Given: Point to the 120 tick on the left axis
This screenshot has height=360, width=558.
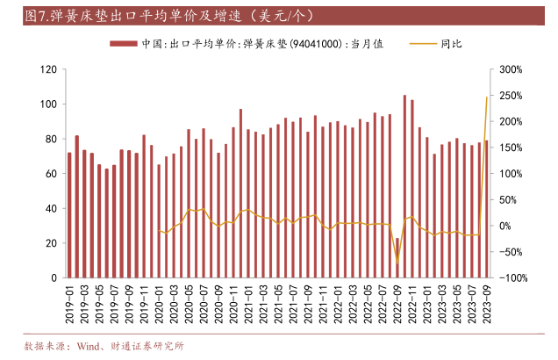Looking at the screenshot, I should [49, 69].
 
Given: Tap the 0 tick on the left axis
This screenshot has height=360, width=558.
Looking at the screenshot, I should [54, 277].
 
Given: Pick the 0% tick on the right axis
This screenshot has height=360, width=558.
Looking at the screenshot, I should [504, 226].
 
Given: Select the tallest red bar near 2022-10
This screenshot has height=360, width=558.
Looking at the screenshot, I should [404, 186].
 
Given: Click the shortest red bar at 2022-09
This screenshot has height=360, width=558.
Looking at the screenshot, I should [397, 257].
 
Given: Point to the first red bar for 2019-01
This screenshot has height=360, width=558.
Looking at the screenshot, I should [70, 215].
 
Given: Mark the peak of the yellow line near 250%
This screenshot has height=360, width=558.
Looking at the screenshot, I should [487, 97].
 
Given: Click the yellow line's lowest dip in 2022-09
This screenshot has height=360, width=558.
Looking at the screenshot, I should [397, 263].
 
